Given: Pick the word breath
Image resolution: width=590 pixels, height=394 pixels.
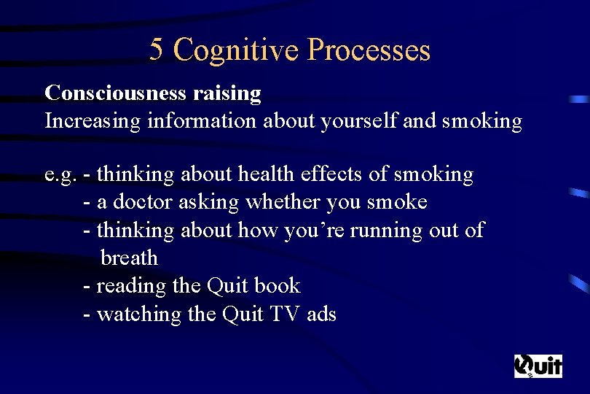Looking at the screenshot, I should (129, 258).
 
